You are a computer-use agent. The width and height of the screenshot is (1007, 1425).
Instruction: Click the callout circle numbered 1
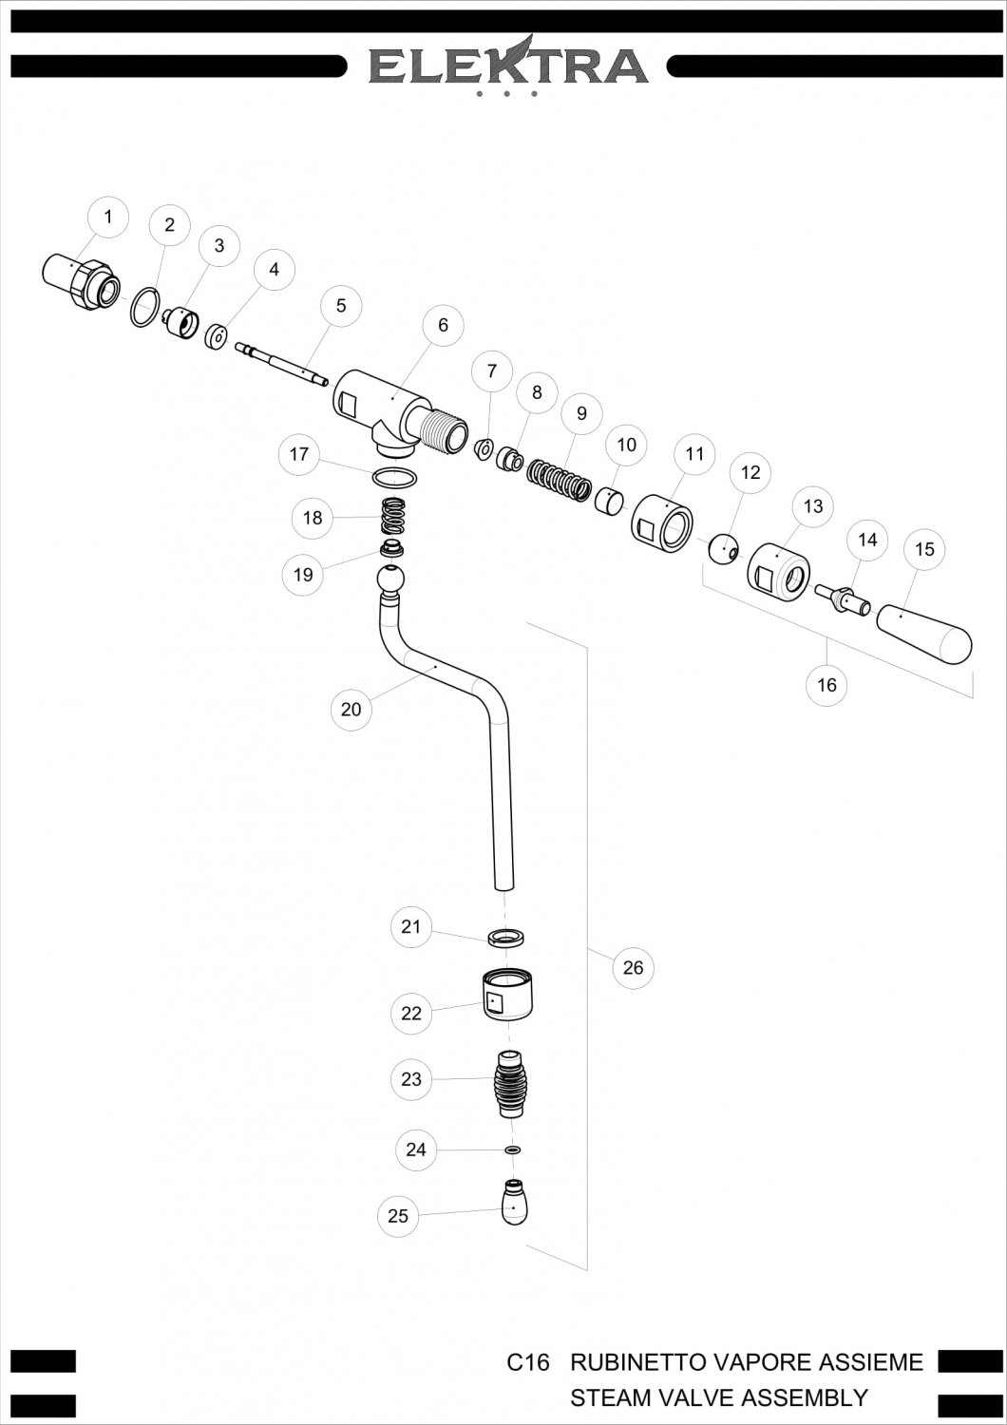click(108, 217)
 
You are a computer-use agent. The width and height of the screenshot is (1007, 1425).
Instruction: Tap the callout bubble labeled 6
click(444, 325)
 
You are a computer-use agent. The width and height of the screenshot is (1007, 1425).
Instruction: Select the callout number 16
click(826, 685)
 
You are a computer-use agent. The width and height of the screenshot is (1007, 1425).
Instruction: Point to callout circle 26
click(633, 968)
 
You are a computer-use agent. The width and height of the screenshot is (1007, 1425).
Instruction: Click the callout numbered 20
click(351, 710)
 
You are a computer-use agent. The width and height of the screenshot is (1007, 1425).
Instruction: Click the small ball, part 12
click(724, 549)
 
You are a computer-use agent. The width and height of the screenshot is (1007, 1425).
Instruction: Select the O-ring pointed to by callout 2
click(145, 307)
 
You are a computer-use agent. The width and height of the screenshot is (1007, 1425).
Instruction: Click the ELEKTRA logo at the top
click(509, 67)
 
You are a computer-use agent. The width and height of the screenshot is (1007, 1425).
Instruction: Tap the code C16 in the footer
click(528, 1362)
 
